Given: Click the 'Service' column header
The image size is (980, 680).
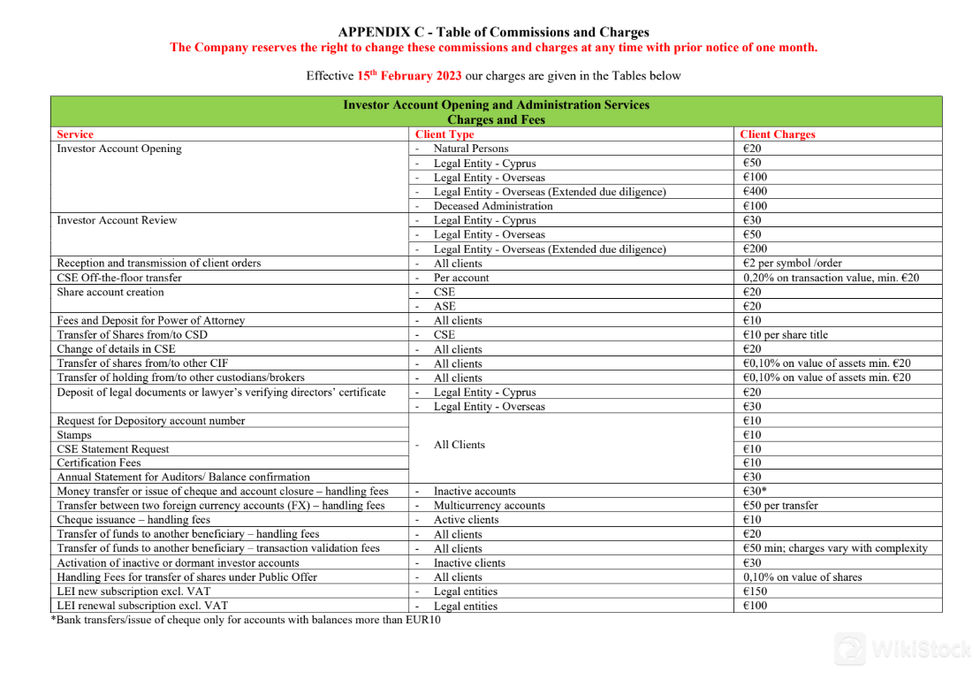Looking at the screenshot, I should tap(75, 134).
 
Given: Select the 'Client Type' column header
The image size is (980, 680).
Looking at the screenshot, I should tap(444, 134).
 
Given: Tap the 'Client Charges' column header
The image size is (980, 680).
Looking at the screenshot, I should tap(777, 134).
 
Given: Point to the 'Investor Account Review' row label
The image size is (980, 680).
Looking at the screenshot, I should tap(117, 220).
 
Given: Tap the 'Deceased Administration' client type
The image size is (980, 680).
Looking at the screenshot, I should tap(492, 206).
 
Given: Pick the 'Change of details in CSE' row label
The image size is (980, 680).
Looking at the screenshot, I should tap(116, 348).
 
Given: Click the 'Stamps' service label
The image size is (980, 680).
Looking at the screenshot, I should tap(74, 435).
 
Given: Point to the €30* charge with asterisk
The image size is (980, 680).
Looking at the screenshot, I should tap(755, 491).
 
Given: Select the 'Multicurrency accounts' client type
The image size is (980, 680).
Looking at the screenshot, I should tap(489, 506).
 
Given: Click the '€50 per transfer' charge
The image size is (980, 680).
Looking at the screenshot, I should tap(780, 506).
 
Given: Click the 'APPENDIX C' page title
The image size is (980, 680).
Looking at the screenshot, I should tap(493, 33).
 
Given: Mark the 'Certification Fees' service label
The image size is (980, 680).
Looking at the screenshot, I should tap(99, 462).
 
